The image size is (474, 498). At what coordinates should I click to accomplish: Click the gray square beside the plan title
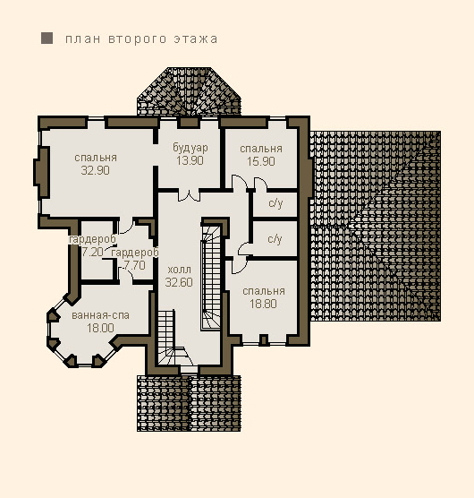pos(47,39)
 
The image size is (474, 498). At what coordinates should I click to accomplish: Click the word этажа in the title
pos(196,39)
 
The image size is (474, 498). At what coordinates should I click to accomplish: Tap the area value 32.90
pos(95,170)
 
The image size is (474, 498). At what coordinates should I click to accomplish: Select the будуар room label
pos(190,148)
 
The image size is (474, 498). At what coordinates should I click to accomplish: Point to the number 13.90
pos(190,160)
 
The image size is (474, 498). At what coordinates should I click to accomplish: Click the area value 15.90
pos(261,161)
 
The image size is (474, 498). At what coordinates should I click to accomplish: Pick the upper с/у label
pos(275,203)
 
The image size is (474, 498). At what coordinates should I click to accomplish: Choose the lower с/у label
pos(275,239)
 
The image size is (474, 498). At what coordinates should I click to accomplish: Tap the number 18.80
pos(263,304)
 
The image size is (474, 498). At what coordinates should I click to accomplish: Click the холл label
pos(180,270)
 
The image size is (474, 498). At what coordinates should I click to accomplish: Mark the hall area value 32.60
pos(179,282)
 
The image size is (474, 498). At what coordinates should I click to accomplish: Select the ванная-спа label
pos(100,315)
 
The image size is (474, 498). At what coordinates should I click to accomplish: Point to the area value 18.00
pos(100,328)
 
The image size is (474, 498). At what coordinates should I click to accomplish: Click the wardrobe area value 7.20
pos(93,253)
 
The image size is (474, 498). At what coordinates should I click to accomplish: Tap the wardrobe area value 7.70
pos(135,265)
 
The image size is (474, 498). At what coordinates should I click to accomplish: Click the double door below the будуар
pos(189,195)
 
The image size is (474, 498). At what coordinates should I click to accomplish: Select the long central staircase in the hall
pos(211,276)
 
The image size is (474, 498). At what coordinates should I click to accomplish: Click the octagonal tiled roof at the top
pos(189,91)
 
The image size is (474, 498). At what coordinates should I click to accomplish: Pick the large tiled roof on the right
pos(376,226)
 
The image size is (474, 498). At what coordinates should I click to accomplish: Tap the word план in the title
pos(83,39)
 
